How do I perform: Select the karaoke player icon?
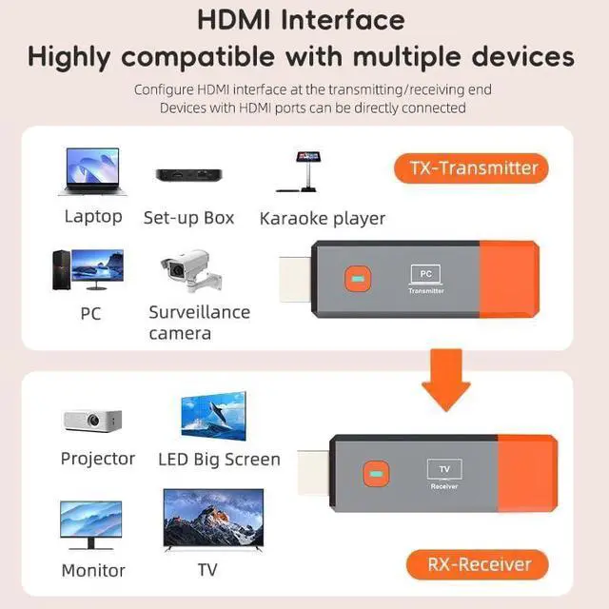308,170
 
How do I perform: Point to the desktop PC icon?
87,271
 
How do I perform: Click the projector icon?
91,420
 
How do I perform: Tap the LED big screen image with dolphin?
213,416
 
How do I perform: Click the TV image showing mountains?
213,519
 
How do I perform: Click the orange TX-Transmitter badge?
473,168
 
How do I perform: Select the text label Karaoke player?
323,218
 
